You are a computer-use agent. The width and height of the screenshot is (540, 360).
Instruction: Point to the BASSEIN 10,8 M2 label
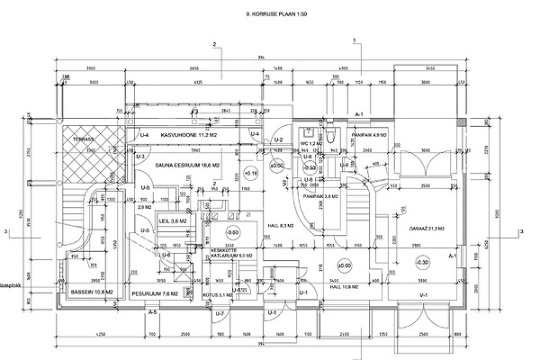coord(91,293)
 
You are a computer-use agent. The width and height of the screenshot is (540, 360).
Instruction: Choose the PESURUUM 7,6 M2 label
coord(150,293)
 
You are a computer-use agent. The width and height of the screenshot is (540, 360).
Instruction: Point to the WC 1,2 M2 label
coord(311,144)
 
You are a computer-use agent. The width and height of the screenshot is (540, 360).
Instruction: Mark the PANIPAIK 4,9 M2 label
coord(369,135)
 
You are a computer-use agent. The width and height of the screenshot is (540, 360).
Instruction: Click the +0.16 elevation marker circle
coord(250,172)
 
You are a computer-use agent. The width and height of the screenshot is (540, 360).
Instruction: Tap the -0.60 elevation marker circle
coord(231,233)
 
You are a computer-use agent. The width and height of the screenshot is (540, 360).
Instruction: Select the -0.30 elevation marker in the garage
coord(423,262)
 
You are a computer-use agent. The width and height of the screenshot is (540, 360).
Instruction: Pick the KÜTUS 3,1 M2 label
coord(219,294)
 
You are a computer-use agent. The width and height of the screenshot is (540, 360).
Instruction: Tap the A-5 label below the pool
coord(154,312)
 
